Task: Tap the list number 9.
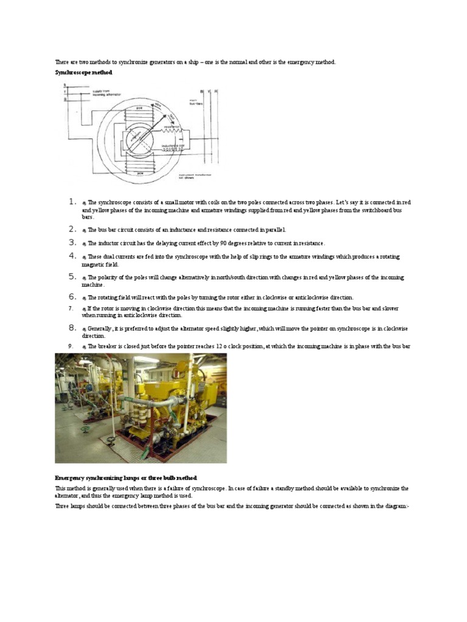coord(71,346)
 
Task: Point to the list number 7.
coord(71,309)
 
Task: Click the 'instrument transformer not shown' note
coord(194,176)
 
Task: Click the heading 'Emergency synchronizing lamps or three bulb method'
coord(126,478)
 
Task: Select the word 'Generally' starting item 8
coord(103,329)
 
